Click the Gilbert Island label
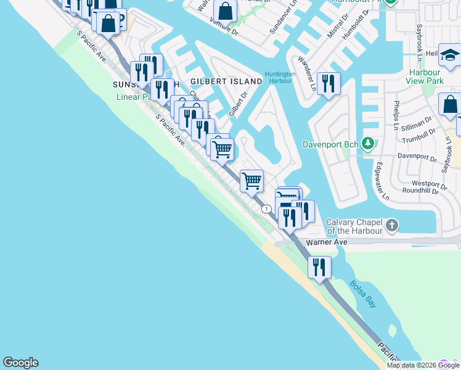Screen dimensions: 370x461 pos(218,81)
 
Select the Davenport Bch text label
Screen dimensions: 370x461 pos(330,145)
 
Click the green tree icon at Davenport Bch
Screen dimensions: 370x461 pos(368,144)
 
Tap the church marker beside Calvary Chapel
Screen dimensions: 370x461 pos(393,226)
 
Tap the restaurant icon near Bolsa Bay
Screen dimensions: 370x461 pos(319,267)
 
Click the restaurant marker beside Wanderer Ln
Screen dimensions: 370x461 pos(328,83)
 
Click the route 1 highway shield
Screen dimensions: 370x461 pos(266,209)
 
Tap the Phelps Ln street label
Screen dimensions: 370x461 pos(398,112)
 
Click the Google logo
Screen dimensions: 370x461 pos(20,363)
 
